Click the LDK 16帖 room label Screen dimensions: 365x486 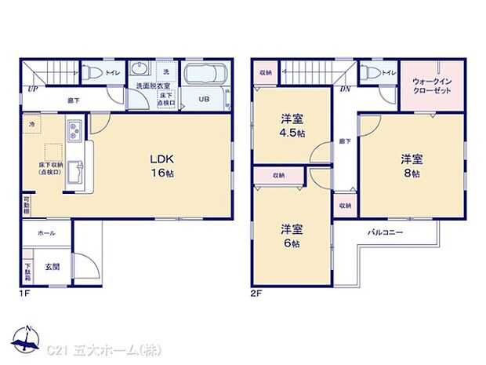pos(163,165)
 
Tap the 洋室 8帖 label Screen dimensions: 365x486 pos(412,166)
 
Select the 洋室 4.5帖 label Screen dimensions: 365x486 pos(293,126)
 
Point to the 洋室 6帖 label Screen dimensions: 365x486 pos(293,236)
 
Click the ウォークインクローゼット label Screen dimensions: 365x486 pos(430,85)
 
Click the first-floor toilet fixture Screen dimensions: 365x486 pos(92,73)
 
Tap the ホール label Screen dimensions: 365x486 pos(45,233)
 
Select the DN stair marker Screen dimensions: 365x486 pos(345,89)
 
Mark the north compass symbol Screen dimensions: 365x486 pos(28,338)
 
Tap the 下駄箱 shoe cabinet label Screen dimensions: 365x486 pos(27,272)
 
